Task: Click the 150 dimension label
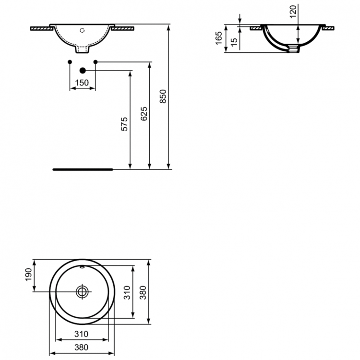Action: [83, 83]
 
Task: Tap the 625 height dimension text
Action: [144, 114]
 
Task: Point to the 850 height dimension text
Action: [163, 97]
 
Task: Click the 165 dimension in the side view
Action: [219, 38]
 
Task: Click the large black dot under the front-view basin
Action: [82, 70]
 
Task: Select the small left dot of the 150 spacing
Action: [70, 62]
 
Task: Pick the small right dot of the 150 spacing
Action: [95, 62]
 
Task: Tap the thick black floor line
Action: [82, 169]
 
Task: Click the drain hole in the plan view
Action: [83, 291]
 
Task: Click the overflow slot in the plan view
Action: [83, 266]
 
